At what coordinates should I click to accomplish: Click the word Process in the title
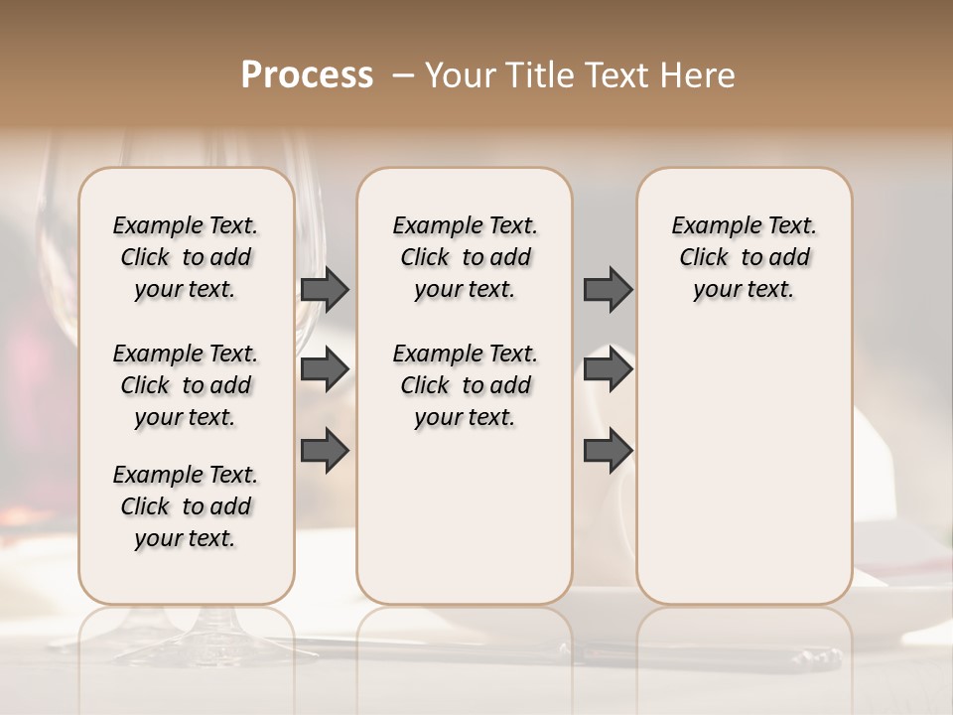pyautogui.click(x=307, y=75)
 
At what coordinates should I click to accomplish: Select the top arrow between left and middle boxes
pyautogui.click(x=326, y=289)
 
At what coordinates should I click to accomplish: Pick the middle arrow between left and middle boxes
pyautogui.click(x=326, y=369)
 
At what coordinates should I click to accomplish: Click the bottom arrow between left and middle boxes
pyautogui.click(x=326, y=450)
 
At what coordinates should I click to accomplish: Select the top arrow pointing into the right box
pyautogui.click(x=608, y=289)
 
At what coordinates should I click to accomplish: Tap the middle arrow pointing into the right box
pyautogui.click(x=608, y=369)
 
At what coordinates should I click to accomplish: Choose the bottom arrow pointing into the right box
pyautogui.click(x=608, y=450)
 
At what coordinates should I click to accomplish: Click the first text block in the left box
pyautogui.click(x=186, y=257)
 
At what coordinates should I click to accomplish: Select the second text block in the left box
pyautogui.click(x=186, y=385)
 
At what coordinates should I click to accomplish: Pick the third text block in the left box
pyautogui.click(x=186, y=506)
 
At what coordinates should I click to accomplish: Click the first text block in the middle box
pyautogui.click(x=465, y=257)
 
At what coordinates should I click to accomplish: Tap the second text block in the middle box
pyautogui.click(x=465, y=385)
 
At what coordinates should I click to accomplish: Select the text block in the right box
pyautogui.click(x=744, y=257)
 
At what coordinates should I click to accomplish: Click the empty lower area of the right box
pyautogui.click(x=744, y=477)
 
